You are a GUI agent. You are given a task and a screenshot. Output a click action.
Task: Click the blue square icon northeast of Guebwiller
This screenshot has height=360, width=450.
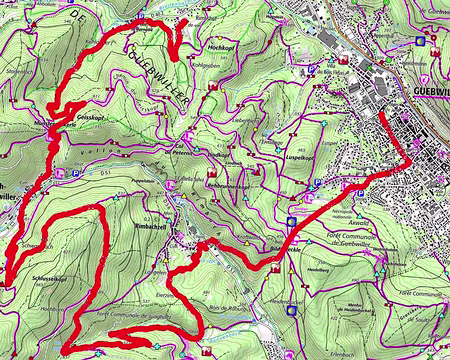(419, 41)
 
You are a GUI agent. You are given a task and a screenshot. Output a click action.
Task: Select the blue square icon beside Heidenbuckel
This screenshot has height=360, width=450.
(291, 310)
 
